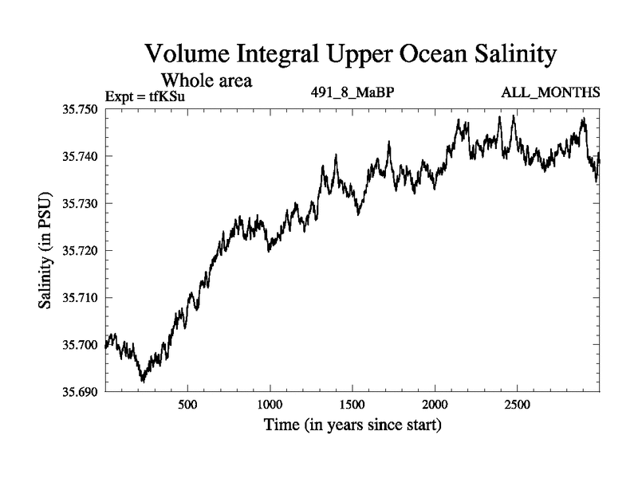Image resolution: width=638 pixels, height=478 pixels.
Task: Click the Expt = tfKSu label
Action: [150, 97]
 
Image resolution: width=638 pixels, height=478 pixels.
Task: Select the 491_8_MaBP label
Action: [353, 92]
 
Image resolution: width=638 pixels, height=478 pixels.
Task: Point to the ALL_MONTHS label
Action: [550, 92]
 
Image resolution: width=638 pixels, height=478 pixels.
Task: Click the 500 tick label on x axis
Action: [187, 406]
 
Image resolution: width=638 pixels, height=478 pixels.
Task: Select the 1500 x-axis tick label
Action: [352, 406]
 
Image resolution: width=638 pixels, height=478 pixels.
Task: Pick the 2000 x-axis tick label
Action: [435, 406]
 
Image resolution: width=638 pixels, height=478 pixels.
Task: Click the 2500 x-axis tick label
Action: [517, 406]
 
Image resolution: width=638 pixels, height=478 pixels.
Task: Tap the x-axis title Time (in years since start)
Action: [352, 425]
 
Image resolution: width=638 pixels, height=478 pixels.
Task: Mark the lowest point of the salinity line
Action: [143, 382]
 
